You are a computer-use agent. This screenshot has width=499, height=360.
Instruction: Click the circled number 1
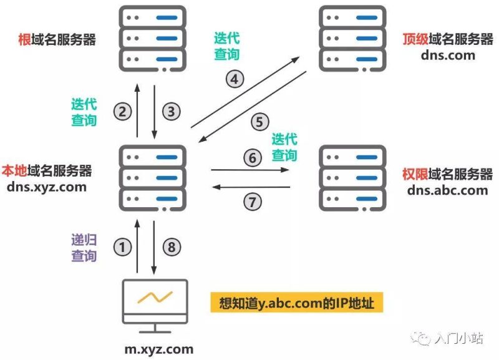tap(123, 247)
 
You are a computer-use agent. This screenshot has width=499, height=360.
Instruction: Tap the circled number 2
tap(123, 112)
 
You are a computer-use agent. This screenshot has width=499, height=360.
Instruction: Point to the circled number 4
tap(235, 79)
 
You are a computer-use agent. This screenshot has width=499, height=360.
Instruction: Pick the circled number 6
tap(252, 158)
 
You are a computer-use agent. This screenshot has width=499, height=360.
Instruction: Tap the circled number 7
tap(252, 201)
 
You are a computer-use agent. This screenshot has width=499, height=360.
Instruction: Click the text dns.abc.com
tap(447, 190)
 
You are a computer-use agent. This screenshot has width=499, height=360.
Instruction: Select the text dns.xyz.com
tap(47, 186)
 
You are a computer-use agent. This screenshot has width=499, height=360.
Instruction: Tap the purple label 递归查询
tap(84, 247)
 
